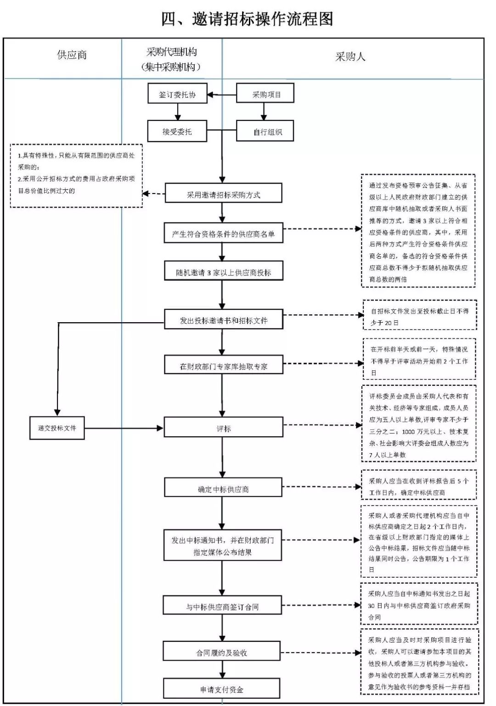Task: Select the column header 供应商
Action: coord(72,55)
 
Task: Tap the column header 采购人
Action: coord(350,57)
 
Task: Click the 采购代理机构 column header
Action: coord(171,59)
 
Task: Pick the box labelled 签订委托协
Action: coord(177,94)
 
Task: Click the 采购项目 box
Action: coord(265,94)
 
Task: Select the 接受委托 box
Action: coord(177,131)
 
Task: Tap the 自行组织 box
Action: coord(265,132)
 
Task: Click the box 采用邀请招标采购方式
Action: coord(223,194)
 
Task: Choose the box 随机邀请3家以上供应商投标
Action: coord(223,272)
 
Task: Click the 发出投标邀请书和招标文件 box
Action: coord(223,320)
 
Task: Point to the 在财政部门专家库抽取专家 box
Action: coord(223,366)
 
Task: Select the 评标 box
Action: coord(223,428)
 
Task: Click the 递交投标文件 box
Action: coord(57,428)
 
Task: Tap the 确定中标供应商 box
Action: coord(223,489)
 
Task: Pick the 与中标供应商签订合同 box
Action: coord(222,606)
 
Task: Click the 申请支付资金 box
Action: coord(221,689)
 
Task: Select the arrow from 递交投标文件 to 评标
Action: coord(124,428)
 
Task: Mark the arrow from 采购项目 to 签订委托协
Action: coord(222,95)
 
